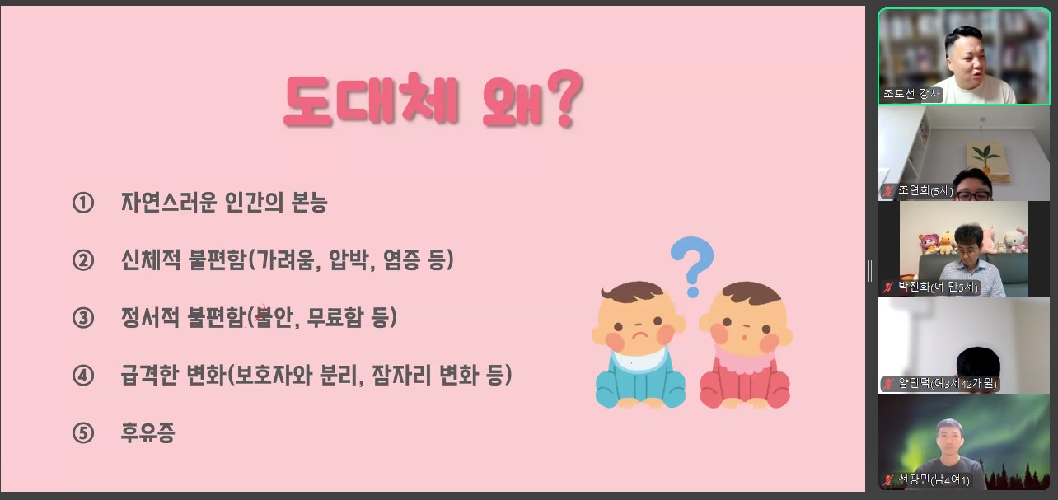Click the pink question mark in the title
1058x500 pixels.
click(x=566, y=98)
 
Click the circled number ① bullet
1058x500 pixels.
click(x=83, y=203)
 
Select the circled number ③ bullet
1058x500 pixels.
click(x=83, y=318)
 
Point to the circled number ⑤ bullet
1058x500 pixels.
click(x=83, y=433)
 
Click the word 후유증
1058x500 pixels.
click(x=147, y=432)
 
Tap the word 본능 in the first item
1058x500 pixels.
click(x=309, y=203)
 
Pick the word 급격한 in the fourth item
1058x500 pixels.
click(x=150, y=376)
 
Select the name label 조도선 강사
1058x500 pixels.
click(x=911, y=94)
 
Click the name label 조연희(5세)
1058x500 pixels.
click(x=925, y=190)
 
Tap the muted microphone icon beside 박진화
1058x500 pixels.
click(x=888, y=287)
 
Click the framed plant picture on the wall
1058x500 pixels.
click(x=986, y=162)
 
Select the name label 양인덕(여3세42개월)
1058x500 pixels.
click(x=947, y=383)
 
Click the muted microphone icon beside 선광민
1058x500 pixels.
click(x=888, y=480)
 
